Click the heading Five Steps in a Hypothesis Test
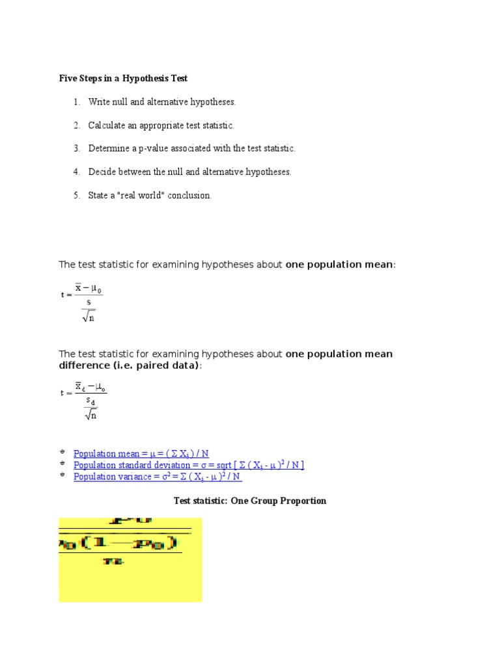pos(124,78)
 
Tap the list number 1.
pos(76,102)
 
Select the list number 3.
pos(76,149)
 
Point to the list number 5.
pos(76,196)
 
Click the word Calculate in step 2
pos(107,126)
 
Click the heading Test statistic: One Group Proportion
pos(250,501)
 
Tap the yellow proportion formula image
pos(130,559)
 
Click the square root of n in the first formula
pos(89,317)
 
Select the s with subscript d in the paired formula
pos(90,403)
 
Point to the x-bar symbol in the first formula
pos(79,287)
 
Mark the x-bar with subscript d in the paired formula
pos(80,387)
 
